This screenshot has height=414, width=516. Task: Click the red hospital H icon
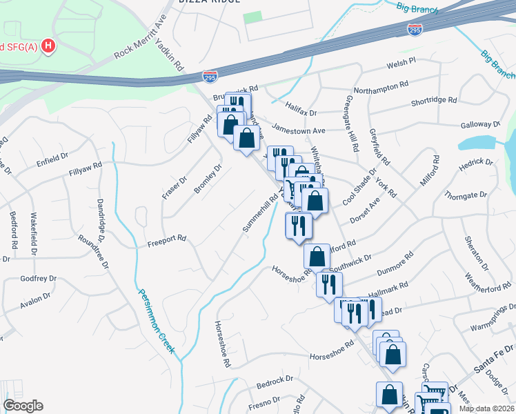[x=48, y=46]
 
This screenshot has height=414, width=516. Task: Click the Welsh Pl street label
[x=401, y=61]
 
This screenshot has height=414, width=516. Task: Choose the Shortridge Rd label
[x=434, y=100]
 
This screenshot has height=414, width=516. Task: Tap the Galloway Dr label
[x=480, y=125]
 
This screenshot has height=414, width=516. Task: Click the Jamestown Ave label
[x=298, y=130]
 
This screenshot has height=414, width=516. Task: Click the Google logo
[x=23, y=406]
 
